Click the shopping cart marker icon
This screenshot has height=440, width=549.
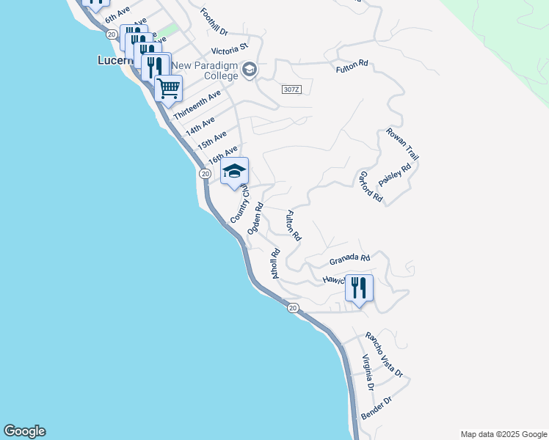coord(169,89)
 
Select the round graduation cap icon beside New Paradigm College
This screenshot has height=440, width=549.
coord(249,70)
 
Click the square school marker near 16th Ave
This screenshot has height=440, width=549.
coord(235,172)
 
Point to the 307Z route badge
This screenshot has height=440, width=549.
coord(291,89)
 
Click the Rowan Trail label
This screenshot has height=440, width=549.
coord(403,145)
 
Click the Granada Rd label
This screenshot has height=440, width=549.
coord(349,259)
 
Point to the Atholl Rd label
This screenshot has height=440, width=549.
coord(276,264)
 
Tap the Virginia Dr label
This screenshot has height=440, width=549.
coord(368,372)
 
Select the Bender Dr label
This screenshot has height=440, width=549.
coord(377,409)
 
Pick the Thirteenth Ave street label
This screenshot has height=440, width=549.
coord(197,106)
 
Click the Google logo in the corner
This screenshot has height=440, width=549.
coord(24,431)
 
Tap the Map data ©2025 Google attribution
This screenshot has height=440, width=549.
coord(503,434)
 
